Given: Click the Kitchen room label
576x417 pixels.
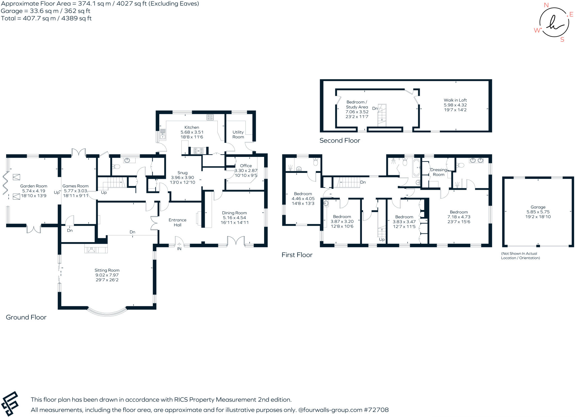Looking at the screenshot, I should (x=192, y=127).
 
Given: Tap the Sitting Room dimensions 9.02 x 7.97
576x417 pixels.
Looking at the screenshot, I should (x=107, y=275).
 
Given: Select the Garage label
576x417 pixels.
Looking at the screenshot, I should (x=538, y=207).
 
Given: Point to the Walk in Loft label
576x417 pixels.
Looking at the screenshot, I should (x=455, y=100).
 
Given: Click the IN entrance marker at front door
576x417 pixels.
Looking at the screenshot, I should (x=179, y=249).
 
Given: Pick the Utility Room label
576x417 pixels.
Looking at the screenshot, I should (x=238, y=134).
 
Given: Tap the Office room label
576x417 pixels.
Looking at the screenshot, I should (x=246, y=166).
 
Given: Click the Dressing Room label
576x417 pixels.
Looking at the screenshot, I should (x=438, y=172).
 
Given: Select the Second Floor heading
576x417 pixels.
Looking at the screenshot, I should (x=339, y=140).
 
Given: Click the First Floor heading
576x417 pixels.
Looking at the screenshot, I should (x=297, y=255).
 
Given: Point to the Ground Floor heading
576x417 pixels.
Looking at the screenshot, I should (x=26, y=317).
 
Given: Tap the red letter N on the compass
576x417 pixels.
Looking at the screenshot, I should (x=546, y=5).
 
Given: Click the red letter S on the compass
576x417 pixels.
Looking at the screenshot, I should (x=562, y=40).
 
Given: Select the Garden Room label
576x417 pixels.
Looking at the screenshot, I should (x=33, y=186).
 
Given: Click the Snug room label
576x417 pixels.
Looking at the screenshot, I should (x=182, y=173).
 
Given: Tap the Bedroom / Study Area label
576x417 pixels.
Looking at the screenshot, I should (x=357, y=104).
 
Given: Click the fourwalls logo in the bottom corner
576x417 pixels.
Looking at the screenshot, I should (x=10, y=404).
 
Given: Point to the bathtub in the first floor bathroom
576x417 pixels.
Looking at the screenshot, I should (x=416, y=168).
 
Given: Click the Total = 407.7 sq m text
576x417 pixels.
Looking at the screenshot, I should (x=46, y=18).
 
